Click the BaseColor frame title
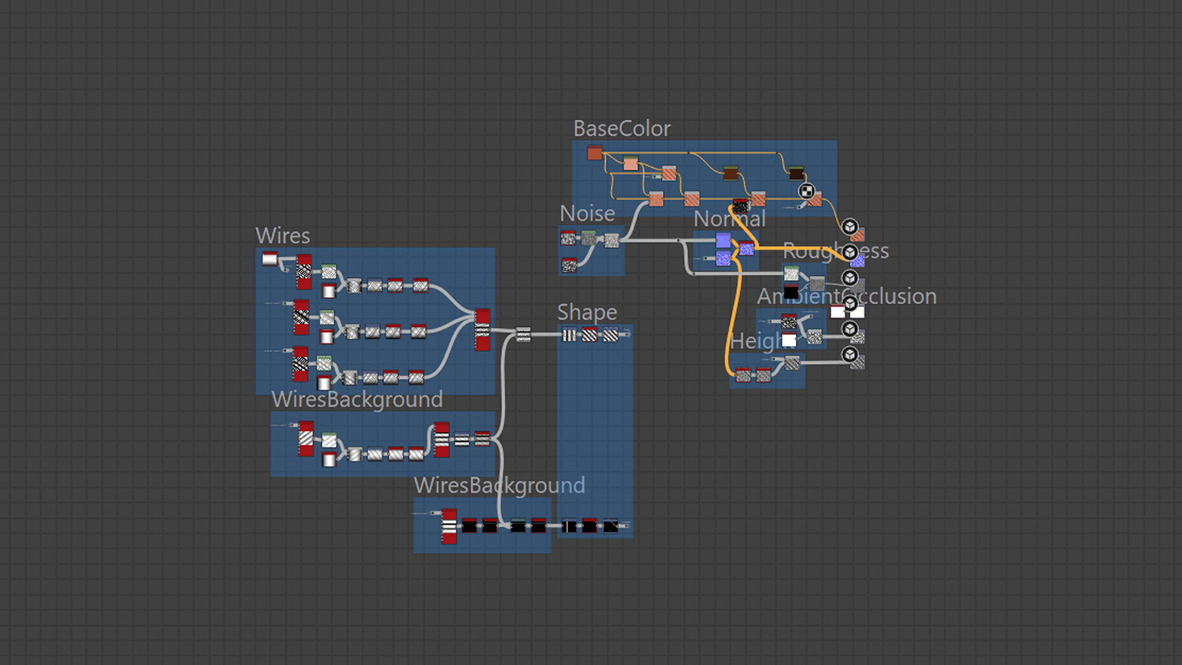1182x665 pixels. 622,128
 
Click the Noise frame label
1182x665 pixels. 587,214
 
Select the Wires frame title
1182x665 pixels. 283,236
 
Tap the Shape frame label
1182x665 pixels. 587,312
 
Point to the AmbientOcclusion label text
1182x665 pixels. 846,297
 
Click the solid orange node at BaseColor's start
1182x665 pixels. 595,153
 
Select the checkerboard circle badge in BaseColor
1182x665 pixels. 806,191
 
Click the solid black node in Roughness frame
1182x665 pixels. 791,292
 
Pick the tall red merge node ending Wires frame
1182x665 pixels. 482,329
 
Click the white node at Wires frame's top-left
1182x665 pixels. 269,258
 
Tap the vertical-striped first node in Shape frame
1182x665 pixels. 569,335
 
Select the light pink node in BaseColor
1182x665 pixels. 630,164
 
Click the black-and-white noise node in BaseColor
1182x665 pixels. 741,206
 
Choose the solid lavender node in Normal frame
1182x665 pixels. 723,240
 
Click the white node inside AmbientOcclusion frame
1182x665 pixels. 789,340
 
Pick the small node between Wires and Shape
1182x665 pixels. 523,334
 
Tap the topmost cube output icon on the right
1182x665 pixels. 849,227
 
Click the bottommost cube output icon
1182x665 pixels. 849,355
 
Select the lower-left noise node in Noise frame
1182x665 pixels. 569,266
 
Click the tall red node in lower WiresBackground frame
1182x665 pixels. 449,526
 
